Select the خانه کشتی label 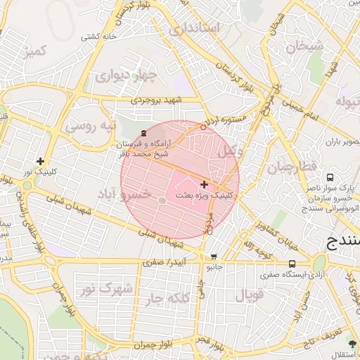pyautogui.click(x=99, y=37)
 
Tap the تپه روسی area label pyautogui.click(x=89, y=126)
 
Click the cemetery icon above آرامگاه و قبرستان pyautogui.click(x=143, y=133)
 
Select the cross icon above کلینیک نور pyautogui.click(x=40, y=161)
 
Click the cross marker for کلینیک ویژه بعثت pyautogui.click(x=204, y=184)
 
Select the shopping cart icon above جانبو pyautogui.click(x=214, y=257)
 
